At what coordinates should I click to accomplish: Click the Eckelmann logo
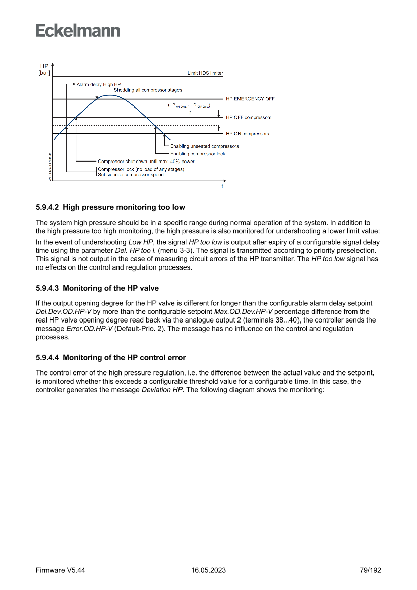click(x=78, y=31)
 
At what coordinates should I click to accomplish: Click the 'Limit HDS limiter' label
click(x=205, y=73)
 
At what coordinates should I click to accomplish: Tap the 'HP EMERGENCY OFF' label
click(x=250, y=99)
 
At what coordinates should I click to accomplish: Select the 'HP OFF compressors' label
click(x=249, y=117)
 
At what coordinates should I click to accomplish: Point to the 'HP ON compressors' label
click(x=247, y=134)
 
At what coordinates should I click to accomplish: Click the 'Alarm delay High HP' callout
click(x=99, y=84)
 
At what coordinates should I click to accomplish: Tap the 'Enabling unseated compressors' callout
click(x=204, y=146)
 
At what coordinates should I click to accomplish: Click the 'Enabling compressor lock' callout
click(x=198, y=153)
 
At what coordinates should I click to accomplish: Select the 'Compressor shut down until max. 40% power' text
click(x=146, y=162)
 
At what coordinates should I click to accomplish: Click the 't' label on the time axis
click(x=222, y=186)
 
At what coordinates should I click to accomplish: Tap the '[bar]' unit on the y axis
click(x=44, y=73)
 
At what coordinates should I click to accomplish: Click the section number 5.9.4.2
click(x=47, y=207)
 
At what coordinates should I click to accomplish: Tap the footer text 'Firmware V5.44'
click(x=61, y=570)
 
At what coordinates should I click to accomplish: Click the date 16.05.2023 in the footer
click(x=208, y=570)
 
